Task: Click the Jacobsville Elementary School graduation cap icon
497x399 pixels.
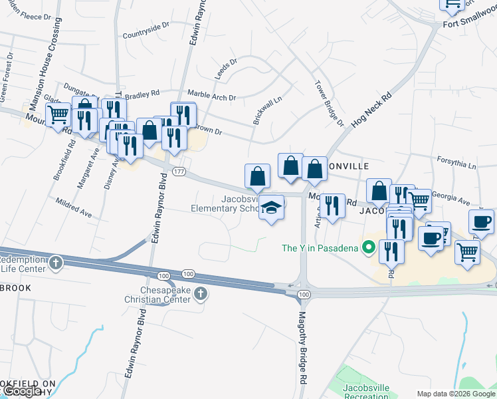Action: click(x=271, y=208)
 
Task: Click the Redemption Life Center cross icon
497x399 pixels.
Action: click(x=56, y=262)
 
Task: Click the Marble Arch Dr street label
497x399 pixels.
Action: click(x=212, y=96)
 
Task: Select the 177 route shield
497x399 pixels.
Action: click(x=178, y=172)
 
